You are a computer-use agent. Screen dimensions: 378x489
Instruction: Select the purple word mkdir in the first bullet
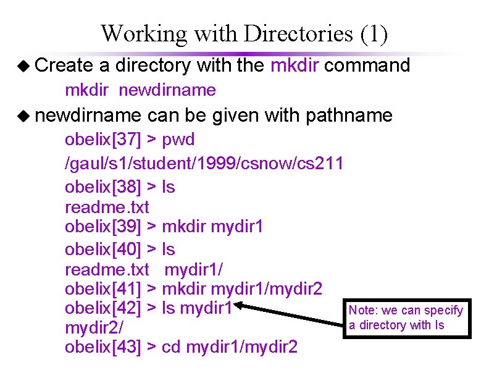295,65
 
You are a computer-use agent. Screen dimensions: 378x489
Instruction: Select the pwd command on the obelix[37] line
178,140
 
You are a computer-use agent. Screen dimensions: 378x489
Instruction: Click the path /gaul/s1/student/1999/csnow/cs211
204,164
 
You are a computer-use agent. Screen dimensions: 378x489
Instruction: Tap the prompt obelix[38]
103,187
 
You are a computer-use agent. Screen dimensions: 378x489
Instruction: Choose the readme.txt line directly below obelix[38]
107,207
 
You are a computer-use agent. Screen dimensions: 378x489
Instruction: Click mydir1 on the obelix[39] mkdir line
237,227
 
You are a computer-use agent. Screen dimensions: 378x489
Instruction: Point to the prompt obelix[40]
103,250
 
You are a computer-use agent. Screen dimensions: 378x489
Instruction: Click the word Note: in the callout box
361,310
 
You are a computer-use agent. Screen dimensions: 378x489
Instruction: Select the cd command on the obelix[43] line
170,347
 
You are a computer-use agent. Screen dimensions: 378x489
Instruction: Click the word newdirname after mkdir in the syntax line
167,90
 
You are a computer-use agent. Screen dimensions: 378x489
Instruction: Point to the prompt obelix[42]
103,308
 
